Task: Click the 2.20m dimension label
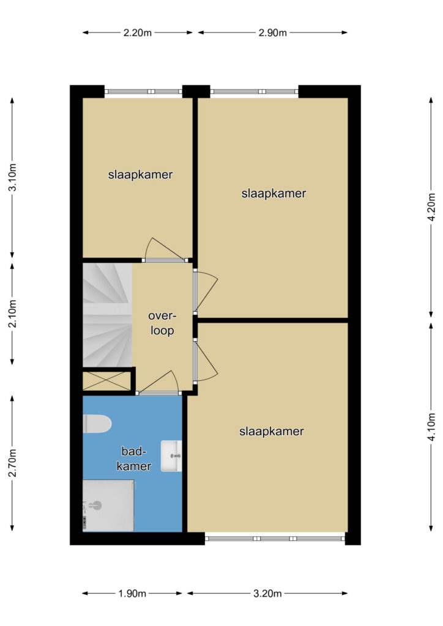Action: [x=138, y=33]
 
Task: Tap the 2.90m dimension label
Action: [x=272, y=33]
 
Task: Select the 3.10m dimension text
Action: [x=12, y=177]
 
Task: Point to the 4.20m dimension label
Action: [x=431, y=207]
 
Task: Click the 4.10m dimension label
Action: [x=431, y=427]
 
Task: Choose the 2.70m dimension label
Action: [x=12, y=463]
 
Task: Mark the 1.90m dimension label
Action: [x=132, y=594]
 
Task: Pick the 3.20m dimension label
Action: [x=267, y=594]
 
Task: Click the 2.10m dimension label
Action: [x=12, y=314]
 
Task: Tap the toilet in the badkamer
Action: [x=97, y=424]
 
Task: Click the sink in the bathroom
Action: [x=171, y=456]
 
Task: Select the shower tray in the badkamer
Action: [x=108, y=506]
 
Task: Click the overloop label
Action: [x=162, y=323]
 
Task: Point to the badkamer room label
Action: [x=134, y=458]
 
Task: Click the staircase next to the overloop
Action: [x=107, y=315]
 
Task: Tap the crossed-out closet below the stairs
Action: [x=106, y=381]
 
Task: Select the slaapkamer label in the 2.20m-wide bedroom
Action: [x=140, y=174]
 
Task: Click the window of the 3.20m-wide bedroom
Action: [x=275, y=539]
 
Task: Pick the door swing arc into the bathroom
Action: [x=160, y=381]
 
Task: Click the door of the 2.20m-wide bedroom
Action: [x=165, y=250]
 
